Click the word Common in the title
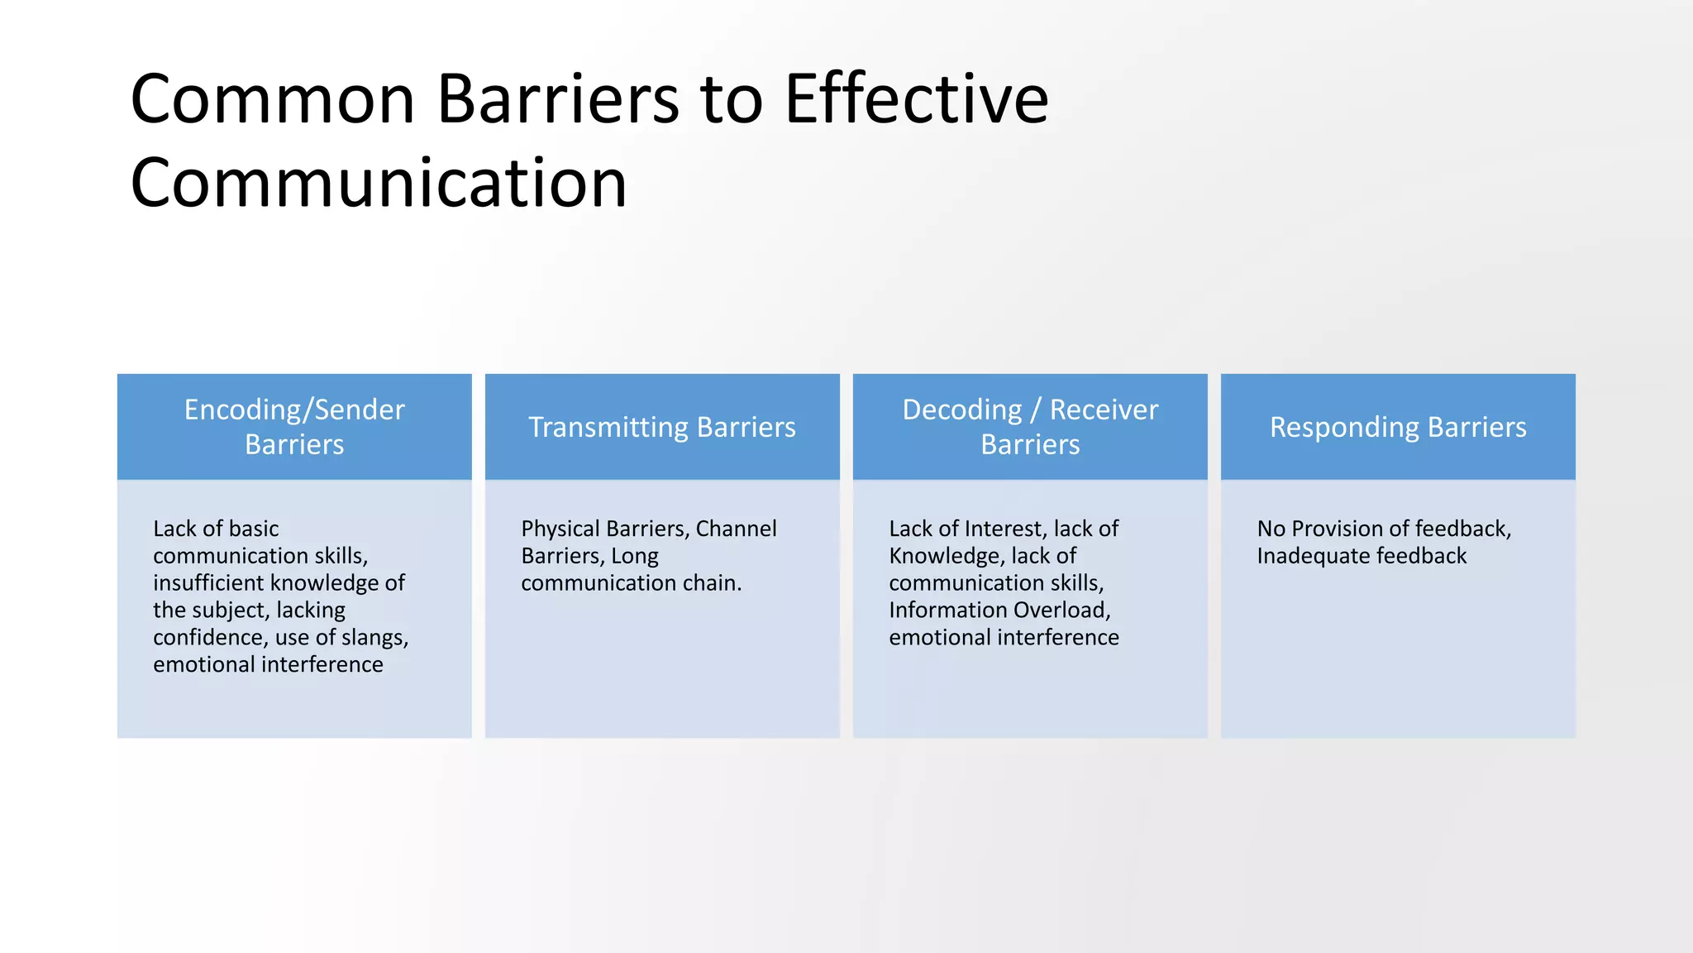pyautogui.click(x=272, y=99)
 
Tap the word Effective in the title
pyautogui.click(x=916, y=99)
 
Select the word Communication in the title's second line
pyautogui.click(x=379, y=183)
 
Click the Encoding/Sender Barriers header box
pyautogui.click(x=294, y=427)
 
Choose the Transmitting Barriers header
pyautogui.click(x=662, y=427)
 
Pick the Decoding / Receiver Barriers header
pyautogui.click(x=1030, y=427)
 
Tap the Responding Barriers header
pyautogui.click(x=1398, y=427)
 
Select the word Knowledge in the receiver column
pyautogui.click(x=934, y=556)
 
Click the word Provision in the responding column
pyautogui.click(x=1337, y=529)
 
